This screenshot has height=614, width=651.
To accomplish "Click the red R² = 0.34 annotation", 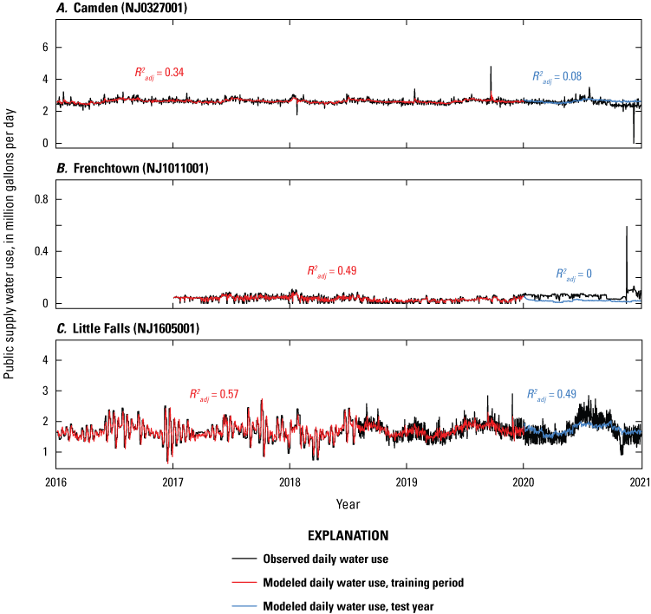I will pos(159,74).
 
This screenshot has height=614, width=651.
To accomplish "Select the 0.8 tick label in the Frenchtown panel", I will pos(38,199).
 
